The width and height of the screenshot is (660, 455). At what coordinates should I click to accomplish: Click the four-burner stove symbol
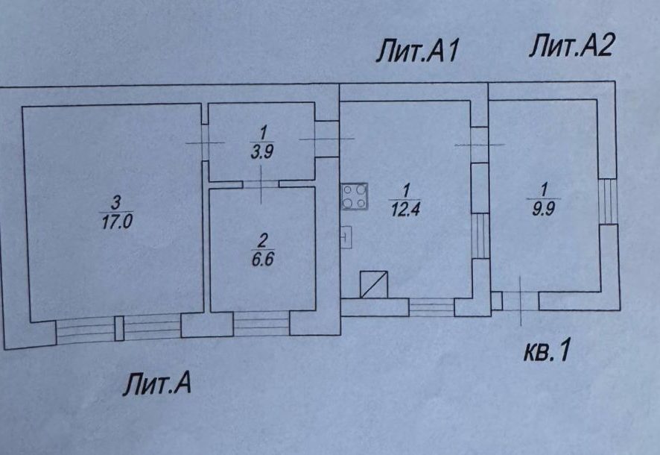[355, 196]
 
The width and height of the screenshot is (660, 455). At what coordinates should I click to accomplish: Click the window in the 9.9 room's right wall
[609, 200]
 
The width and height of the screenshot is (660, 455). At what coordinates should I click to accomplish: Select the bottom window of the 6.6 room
[261, 323]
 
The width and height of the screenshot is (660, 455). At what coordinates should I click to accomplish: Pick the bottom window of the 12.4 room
[431, 307]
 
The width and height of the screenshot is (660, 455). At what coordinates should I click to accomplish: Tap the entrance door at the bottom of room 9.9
[520, 301]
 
